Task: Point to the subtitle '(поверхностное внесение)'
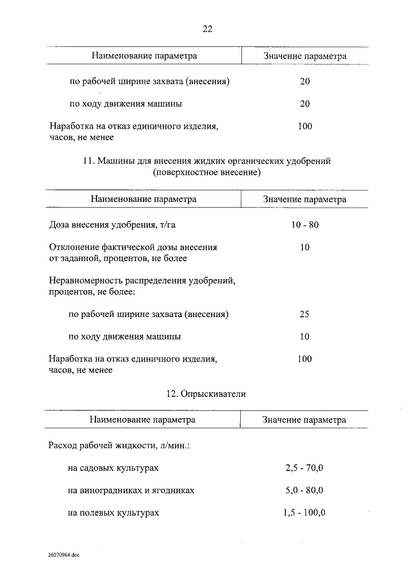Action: (207, 173)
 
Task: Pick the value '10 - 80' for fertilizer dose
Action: (305, 225)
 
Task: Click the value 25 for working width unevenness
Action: (305, 314)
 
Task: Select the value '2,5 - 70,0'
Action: (304, 468)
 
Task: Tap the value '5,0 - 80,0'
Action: (304, 490)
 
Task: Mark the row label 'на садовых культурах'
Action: (113, 468)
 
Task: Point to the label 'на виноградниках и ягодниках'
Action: (131, 490)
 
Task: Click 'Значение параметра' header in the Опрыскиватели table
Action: (304, 420)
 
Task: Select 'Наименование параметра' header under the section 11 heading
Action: (144, 199)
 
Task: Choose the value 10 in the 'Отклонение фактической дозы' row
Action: (305, 247)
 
